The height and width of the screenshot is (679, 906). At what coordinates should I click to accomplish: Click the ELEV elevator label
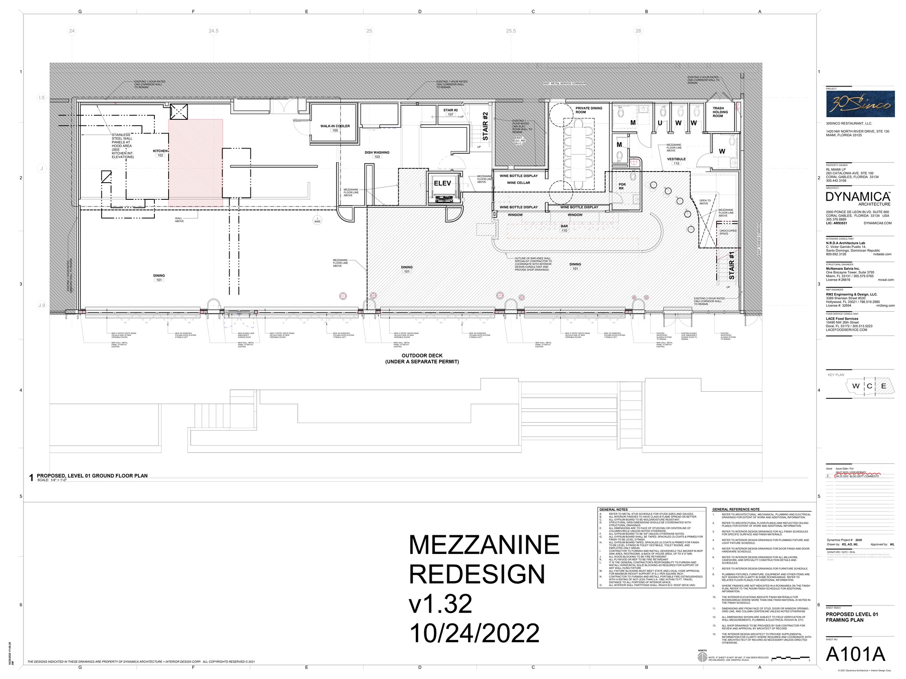pos(442,183)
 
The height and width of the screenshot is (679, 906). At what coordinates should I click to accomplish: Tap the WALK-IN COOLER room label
pos(335,126)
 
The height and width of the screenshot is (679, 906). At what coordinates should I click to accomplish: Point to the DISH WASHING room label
pos(377,153)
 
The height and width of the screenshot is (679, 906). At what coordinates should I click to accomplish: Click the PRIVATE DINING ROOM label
pos(588,110)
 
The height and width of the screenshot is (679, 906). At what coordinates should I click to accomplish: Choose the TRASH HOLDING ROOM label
pos(718,112)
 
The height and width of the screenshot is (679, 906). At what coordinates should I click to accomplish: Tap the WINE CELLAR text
pos(518,183)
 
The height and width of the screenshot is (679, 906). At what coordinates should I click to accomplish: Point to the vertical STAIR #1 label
pos(731,265)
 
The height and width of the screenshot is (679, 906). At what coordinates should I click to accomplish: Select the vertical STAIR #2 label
pos(485,126)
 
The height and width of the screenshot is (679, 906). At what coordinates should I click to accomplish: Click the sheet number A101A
pos(855,655)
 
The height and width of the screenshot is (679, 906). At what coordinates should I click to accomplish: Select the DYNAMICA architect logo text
pos(858,197)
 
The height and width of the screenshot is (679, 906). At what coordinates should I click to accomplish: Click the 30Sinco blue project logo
pos(860,104)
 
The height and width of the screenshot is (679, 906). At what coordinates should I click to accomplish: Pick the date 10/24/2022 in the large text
pos(474,633)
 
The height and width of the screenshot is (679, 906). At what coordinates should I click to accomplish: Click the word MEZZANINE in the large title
pos(484,545)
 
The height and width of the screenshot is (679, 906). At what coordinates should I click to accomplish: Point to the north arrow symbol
pos(702,658)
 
